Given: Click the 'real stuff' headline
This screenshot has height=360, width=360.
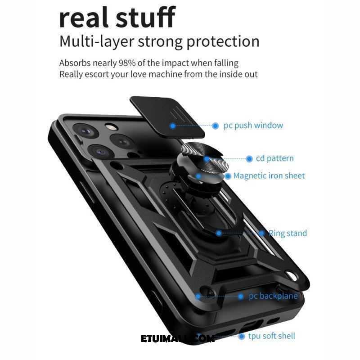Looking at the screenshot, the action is [x=117, y=17].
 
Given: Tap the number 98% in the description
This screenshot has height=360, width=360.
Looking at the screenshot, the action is [x=127, y=63].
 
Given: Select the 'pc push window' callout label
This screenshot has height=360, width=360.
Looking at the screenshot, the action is [x=253, y=126].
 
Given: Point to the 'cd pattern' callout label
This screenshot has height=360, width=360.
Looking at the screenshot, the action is [x=274, y=158].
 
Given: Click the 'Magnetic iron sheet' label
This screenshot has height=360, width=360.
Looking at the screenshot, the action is [x=269, y=175].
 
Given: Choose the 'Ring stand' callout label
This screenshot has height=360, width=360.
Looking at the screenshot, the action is [x=288, y=233].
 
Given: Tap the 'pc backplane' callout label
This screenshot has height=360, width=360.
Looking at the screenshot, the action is [x=273, y=296].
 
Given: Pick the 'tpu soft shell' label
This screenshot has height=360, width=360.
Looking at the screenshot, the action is [x=272, y=336].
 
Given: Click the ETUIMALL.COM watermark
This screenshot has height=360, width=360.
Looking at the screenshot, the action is [x=178, y=339].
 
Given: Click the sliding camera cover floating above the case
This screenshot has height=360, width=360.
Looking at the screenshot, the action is [x=167, y=117].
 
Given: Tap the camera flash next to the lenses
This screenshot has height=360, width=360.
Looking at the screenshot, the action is [x=111, y=127].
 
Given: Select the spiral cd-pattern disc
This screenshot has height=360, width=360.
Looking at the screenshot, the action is [x=205, y=159].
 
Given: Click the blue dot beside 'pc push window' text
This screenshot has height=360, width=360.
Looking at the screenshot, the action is [x=216, y=126].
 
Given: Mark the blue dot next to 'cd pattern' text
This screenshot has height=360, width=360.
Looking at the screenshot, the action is [x=249, y=159].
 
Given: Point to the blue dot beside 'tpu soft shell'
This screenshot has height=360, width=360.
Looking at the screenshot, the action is [x=241, y=337].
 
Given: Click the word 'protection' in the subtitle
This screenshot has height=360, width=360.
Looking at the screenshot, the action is [x=223, y=41].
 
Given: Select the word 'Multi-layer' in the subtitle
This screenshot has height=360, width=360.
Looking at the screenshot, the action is [x=97, y=41].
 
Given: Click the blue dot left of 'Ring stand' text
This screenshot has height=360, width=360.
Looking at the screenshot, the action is [x=261, y=233].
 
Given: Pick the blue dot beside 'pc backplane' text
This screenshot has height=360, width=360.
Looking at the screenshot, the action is [x=241, y=297].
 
